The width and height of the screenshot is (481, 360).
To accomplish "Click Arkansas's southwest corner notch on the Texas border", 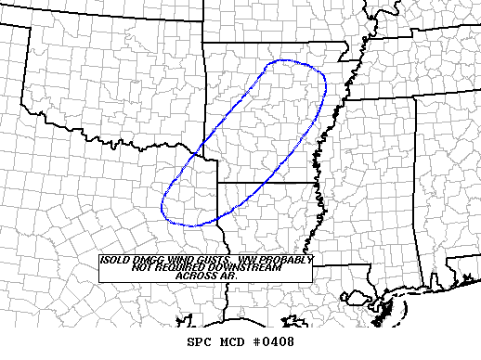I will point(217,184).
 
